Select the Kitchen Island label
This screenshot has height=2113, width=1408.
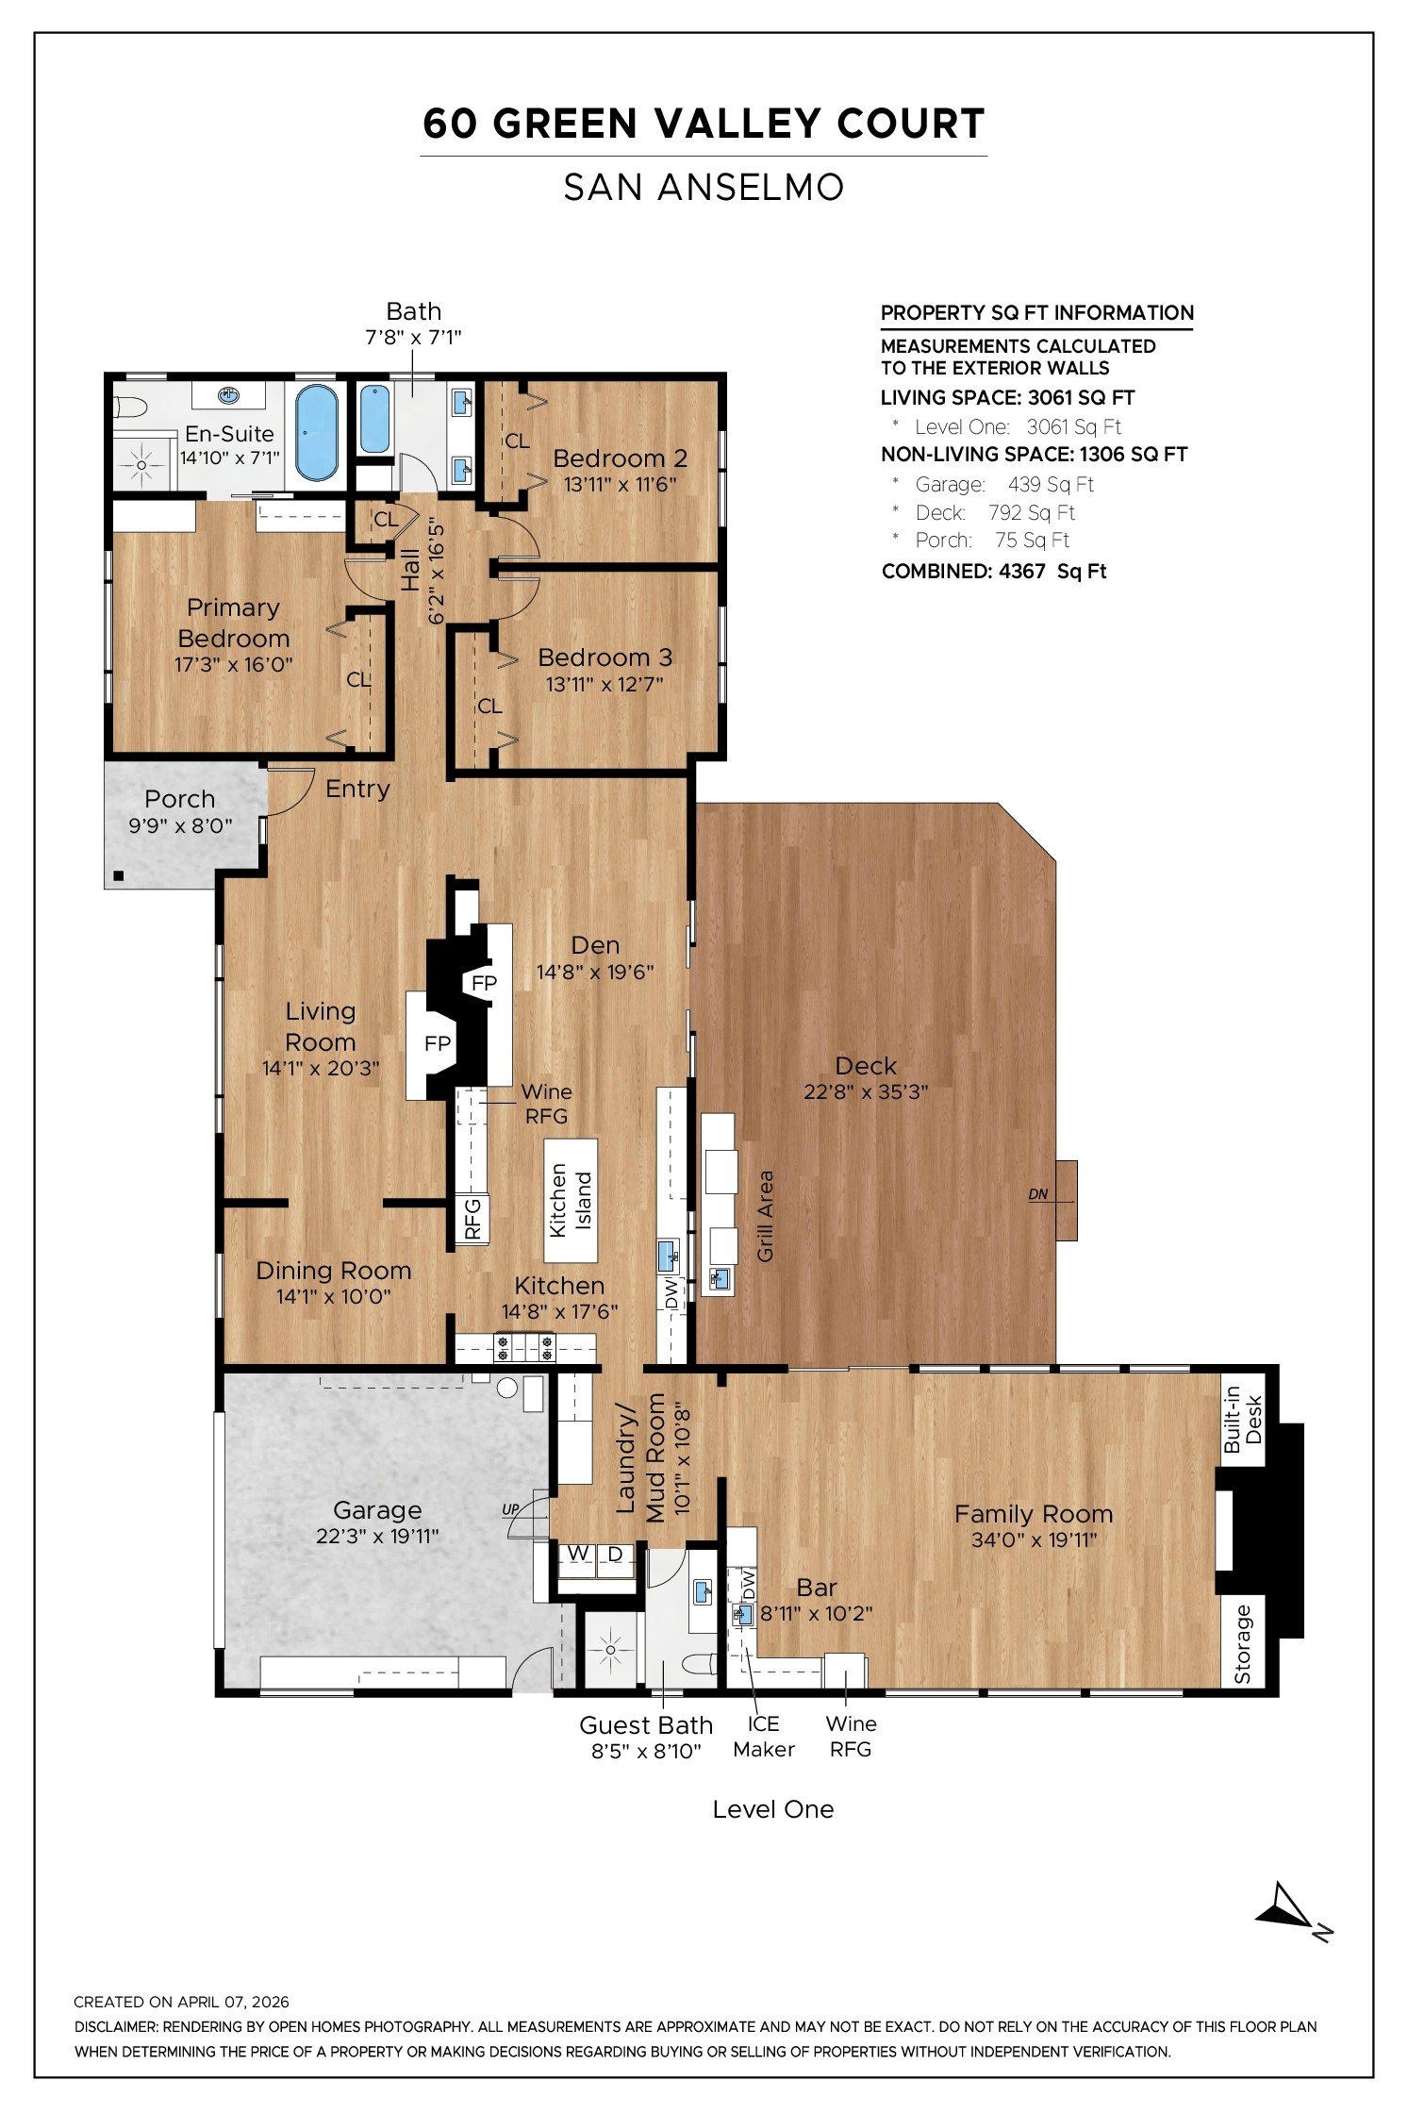(x=571, y=1200)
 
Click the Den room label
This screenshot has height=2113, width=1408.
(x=595, y=945)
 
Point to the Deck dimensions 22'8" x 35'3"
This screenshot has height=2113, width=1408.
(x=866, y=1092)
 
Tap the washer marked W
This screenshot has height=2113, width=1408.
(x=578, y=1554)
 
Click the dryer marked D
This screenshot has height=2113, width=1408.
(x=615, y=1554)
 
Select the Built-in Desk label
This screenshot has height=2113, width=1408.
(x=1243, y=1420)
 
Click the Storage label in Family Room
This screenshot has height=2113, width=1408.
(x=1243, y=1644)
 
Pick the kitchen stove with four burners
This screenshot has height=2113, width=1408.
(x=525, y=1347)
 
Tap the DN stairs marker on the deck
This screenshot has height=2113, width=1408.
(x=1038, y=1194)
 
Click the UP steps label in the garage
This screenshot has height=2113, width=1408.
(x=510, y=1509)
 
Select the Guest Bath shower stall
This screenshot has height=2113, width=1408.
(x=610, y=1650)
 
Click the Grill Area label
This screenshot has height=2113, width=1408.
(x=766, y=1216)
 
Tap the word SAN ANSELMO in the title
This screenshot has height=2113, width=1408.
(x=704, y=187)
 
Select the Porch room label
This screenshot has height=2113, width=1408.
(x=180, y=799)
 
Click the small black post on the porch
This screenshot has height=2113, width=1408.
(x=119, y=876)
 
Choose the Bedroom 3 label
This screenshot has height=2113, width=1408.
(x=605, y=657)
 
